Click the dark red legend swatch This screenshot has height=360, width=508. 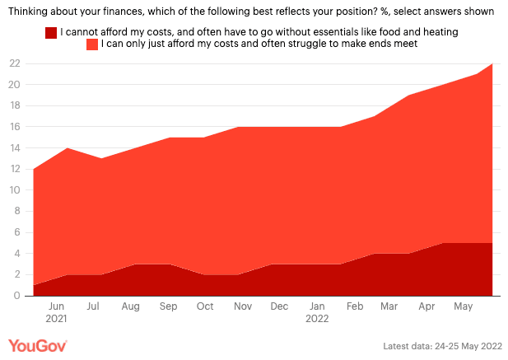click(x=51, y=31)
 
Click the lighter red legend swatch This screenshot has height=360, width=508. click(x=92, y=44)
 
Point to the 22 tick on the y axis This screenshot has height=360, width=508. click(x=15, y=63)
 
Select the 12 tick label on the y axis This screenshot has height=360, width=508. click(x=15, y=169)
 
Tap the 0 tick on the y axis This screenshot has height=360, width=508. click(x=17, y=295)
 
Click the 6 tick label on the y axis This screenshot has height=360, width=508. click(x=17, y=232)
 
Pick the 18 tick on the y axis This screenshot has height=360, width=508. click(x=15, y=105)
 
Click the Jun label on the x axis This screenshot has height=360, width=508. click(x=57, y=306)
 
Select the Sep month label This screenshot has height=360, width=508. click(x=168, y=306)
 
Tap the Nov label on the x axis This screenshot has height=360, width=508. click(x=242, y=306)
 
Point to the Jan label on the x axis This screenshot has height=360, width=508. click(x=316, y=306)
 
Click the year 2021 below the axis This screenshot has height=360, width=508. click(x=57, y=318)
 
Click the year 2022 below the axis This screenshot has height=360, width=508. click(x=316, y=318)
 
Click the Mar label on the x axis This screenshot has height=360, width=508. click(x=390, y=306)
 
